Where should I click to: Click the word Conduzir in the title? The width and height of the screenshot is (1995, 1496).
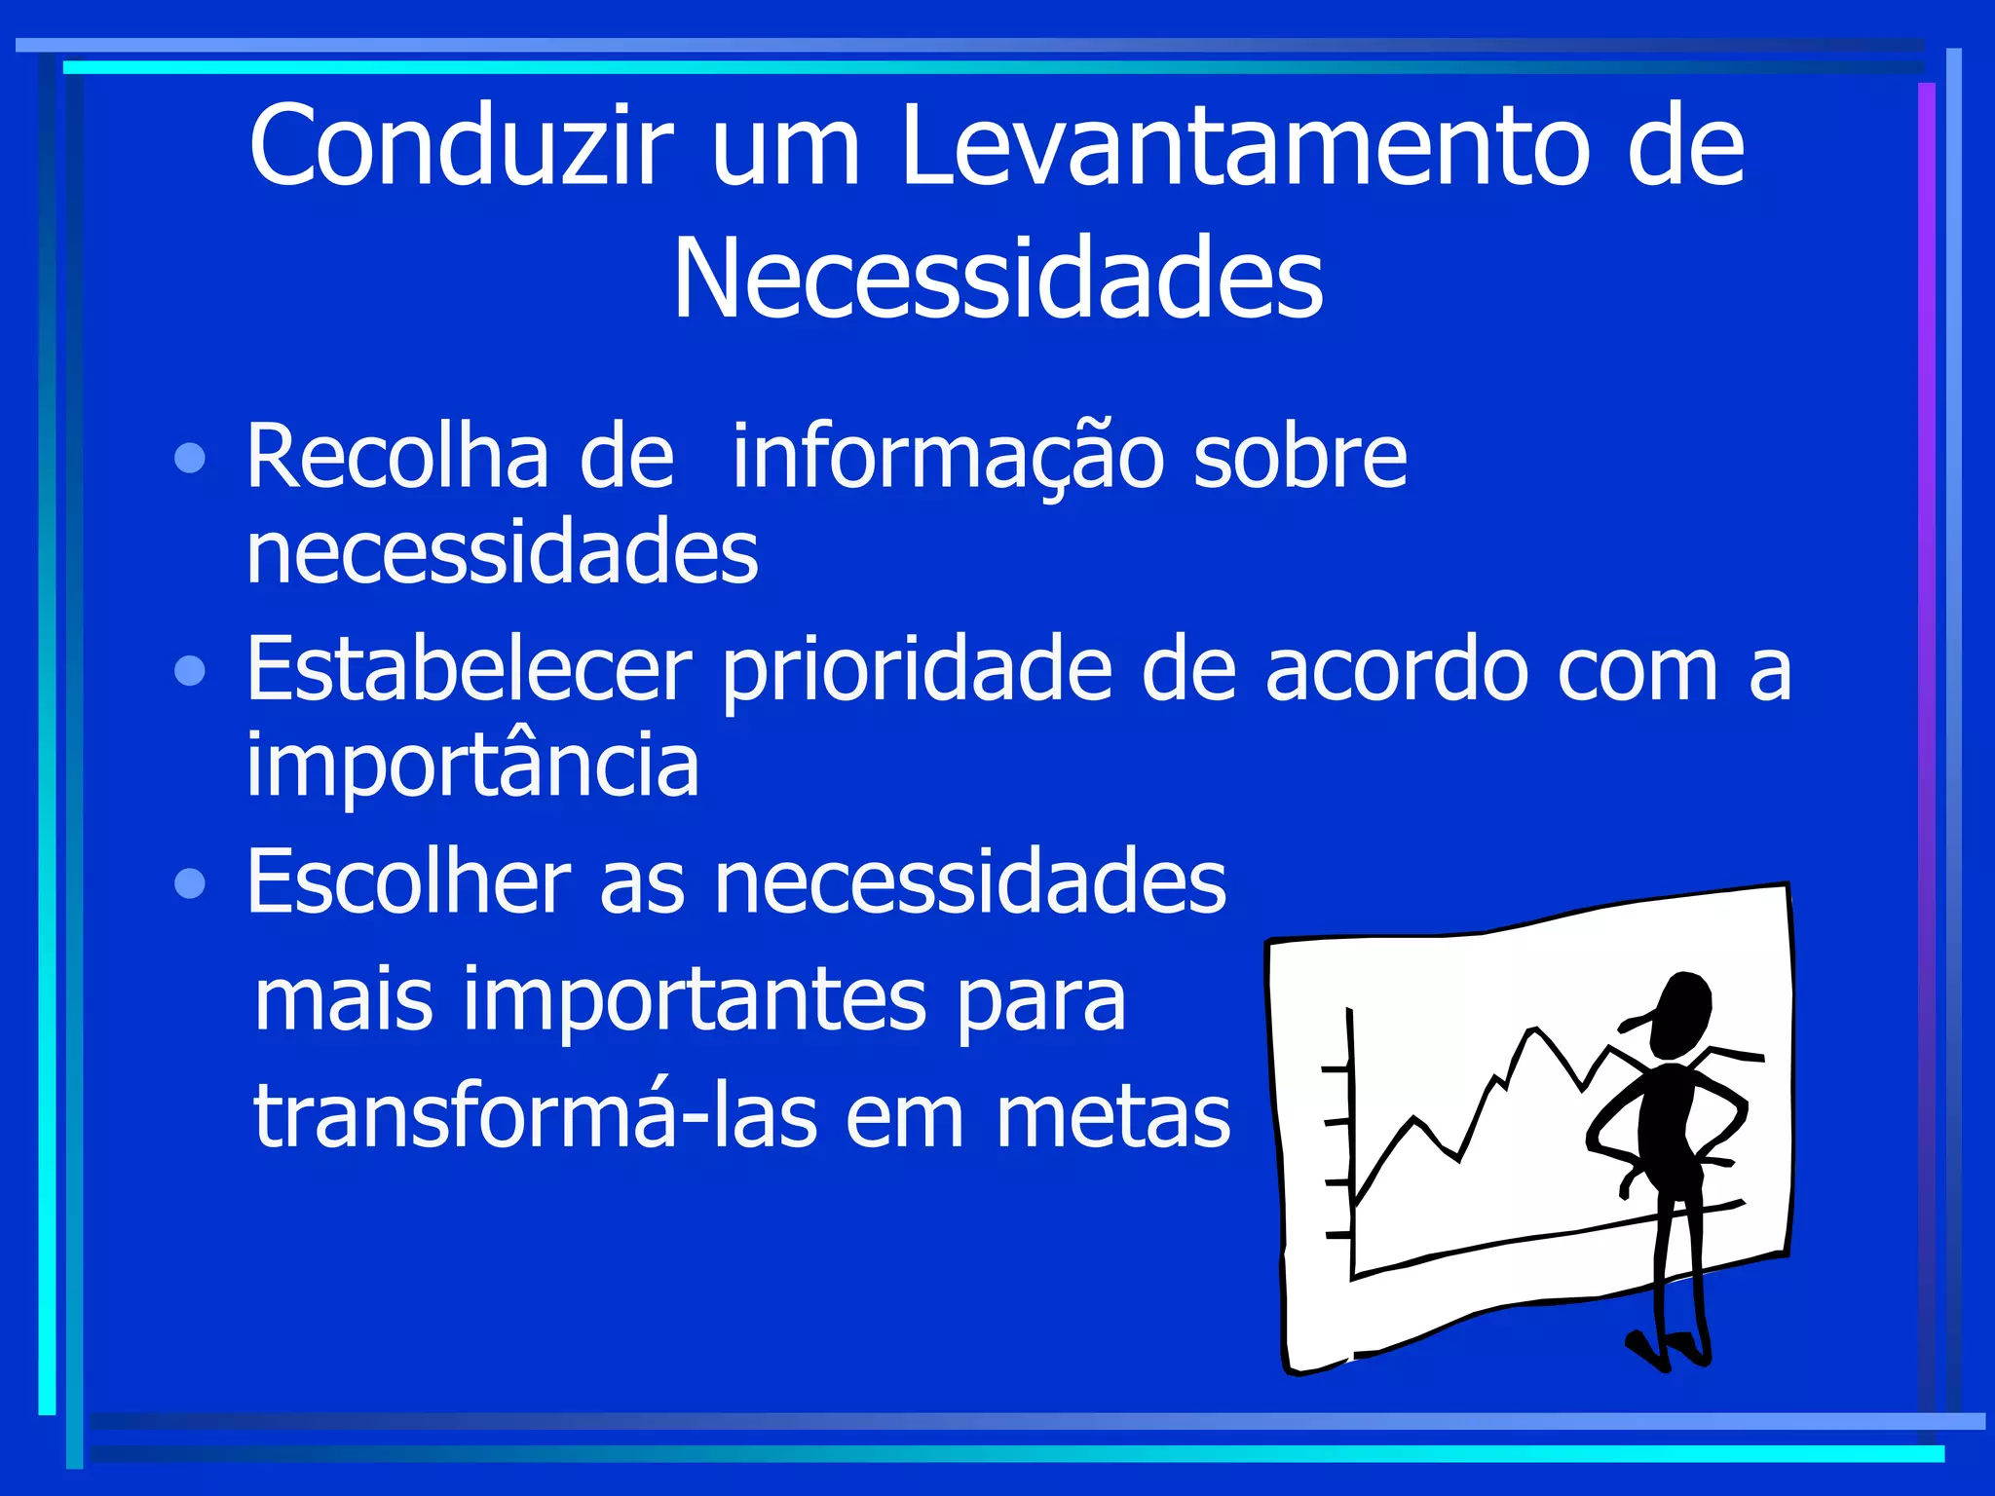pos(461,146)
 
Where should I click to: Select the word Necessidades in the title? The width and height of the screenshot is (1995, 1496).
pos(997,280)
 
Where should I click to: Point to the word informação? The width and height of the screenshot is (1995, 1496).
pos(948,458)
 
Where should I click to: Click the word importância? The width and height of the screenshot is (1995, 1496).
pos(472,766)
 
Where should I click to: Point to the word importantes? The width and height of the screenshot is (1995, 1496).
pos(695,1001)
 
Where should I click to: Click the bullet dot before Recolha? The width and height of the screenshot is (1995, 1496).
pos(190,458)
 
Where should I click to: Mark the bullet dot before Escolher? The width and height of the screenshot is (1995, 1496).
pos(190,883)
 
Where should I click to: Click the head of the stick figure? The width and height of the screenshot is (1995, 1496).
pos(1681,1013)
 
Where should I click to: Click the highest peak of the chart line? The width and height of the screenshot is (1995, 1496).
pos(1534,1029)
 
